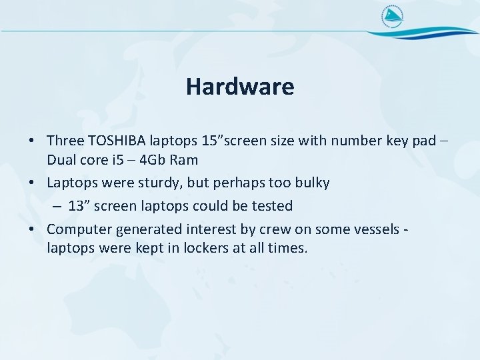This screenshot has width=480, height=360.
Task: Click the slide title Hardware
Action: (240, 86)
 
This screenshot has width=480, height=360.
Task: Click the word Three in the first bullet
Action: (65, 141)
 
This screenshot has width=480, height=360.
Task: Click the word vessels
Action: (371, 229)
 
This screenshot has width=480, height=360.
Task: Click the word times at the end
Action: (289, 249)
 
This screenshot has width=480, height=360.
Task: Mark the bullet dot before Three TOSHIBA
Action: (32, 141)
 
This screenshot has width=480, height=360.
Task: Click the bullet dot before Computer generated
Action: (32, 230)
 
